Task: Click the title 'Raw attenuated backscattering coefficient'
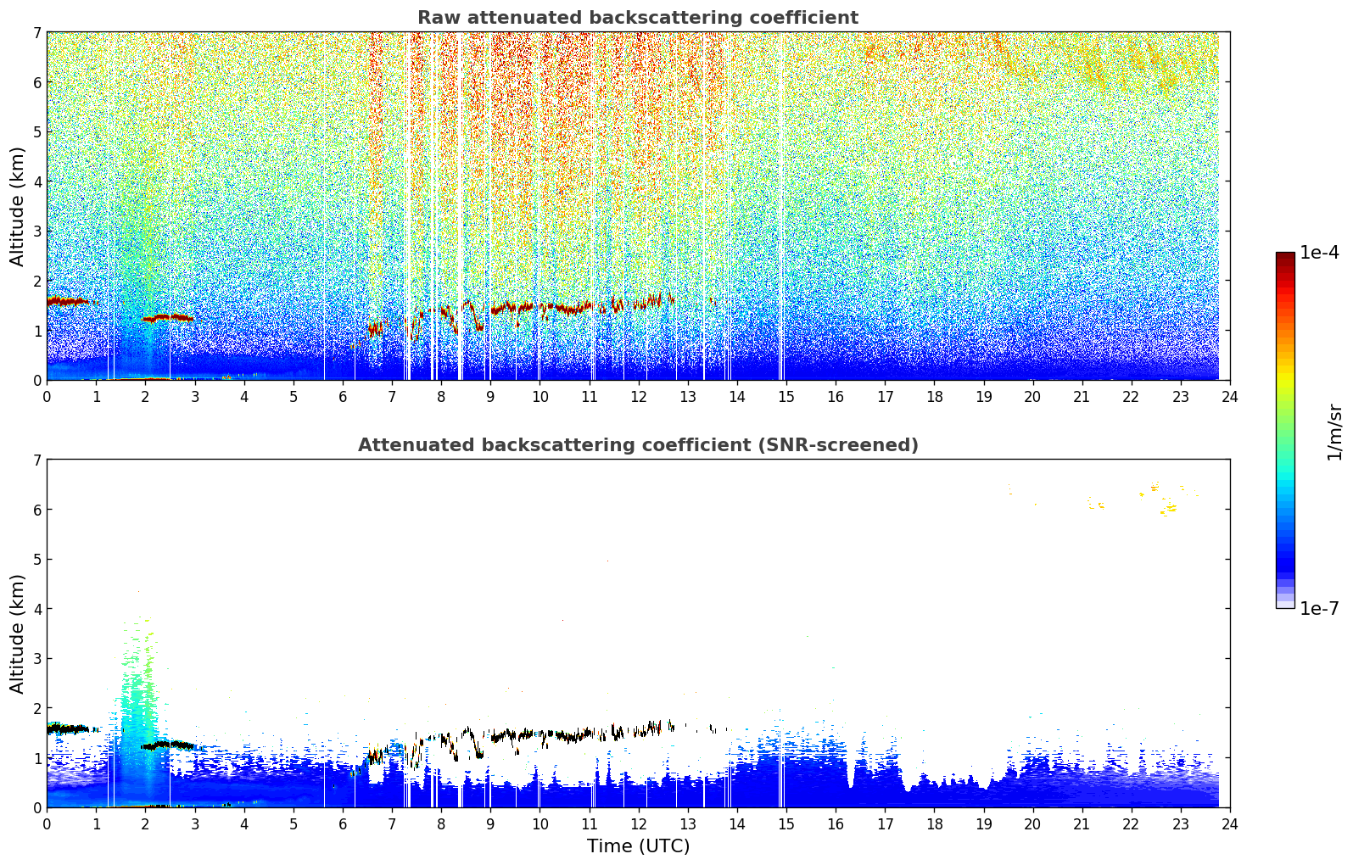pos(638,18)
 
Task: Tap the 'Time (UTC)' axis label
pos(638,845)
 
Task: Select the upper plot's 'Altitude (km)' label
pos(16,207)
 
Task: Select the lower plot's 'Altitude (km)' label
pos(16,633)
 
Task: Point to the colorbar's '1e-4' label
pos(1319,253)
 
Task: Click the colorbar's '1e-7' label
pos(1319,608)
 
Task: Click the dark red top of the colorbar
pos(1285,256)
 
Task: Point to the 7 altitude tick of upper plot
pos(36,32)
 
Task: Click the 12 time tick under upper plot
pos(639,396)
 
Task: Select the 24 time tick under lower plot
pos(1230,823)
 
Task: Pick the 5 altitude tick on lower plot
pos(36,560)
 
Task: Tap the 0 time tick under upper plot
pos(48,396)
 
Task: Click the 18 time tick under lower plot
pos(935,823)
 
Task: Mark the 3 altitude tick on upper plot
pos(36,232)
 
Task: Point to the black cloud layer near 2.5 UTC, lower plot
pos(168,745)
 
